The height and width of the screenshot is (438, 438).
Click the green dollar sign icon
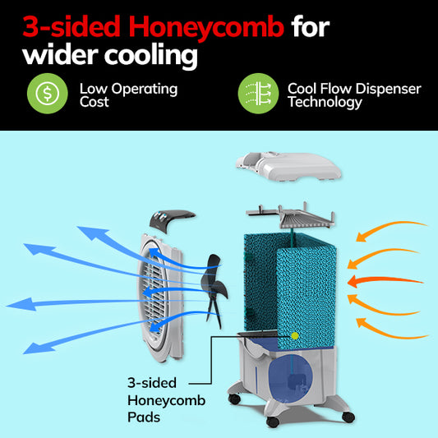(x=48, y=94)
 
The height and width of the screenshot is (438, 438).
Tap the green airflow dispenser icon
(x=258, y=94)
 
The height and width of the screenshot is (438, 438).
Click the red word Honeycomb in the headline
(x=206, y=27)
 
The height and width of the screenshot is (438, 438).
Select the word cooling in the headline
(x=151, y=56)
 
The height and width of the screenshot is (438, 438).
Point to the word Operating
(x=145, y=90)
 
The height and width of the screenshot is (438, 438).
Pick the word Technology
(x=325, y=102)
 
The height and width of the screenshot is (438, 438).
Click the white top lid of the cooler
(x=288, y=167)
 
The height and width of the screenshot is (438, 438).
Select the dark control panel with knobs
(x=172, y=221)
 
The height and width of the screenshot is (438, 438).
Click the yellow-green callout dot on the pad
(x=294, y=336)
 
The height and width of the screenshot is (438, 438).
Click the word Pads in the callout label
(x=144, y=417)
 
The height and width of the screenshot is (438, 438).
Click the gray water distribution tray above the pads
(x=291, y=216)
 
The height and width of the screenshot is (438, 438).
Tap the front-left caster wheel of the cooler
(x=234, y=399)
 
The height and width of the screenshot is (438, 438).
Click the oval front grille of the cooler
(x=159, y=297)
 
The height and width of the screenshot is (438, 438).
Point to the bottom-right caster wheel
(x=348, y=417)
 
